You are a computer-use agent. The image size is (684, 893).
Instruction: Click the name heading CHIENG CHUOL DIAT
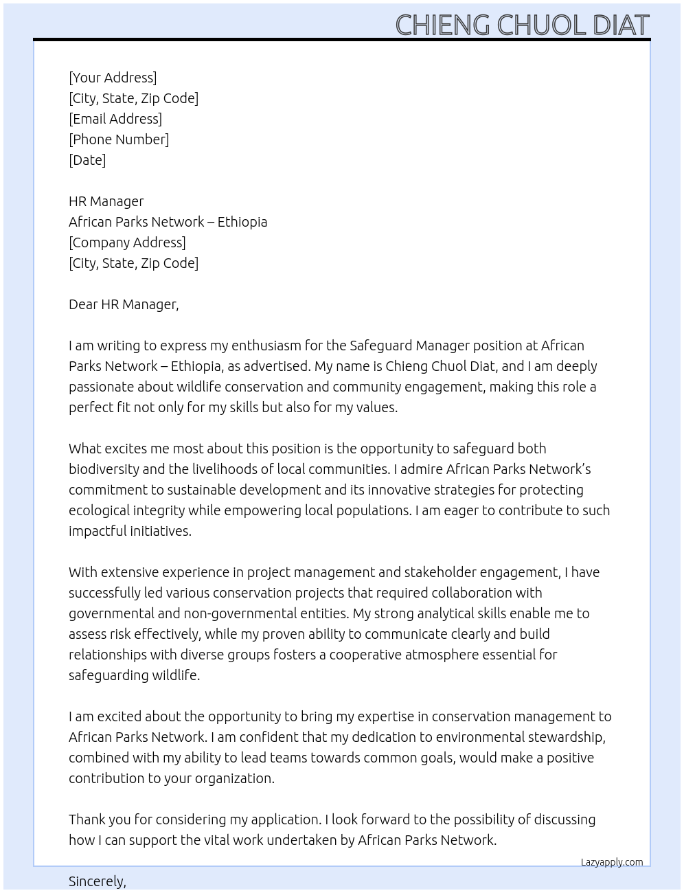pyautogui.click(x=522, y=25)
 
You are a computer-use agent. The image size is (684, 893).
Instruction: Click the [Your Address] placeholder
pyautogui.click(x=113, y=78)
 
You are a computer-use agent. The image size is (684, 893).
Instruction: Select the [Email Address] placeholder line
pyautogui.click(x=115, y=119)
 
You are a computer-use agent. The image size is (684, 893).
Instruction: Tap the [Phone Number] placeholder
pyautogui.click(x=119, y=139)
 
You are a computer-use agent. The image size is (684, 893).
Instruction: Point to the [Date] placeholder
pyautogui.click(x=87, y=160)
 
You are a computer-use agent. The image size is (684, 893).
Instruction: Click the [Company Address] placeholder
pyautogui.click(x=127, y=242)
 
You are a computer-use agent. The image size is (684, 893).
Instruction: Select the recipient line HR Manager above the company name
pyautogui.click(x=106, y=201)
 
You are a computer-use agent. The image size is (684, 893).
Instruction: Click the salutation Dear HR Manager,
pyautogui.click(x=124, y=304)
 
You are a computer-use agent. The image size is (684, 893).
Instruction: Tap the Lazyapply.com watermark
pyautogui.click(x=612, y=862)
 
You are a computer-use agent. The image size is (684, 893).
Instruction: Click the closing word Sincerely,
pyautogui.click(x=98, y=881)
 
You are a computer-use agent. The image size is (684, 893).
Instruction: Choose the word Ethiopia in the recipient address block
pyautogui.click(x=242, y=222)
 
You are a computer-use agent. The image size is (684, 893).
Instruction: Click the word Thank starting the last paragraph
pyautogui.click(x=87, y=819)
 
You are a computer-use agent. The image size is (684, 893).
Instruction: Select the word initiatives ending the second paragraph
pyautogui.click(x=160, y=531)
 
